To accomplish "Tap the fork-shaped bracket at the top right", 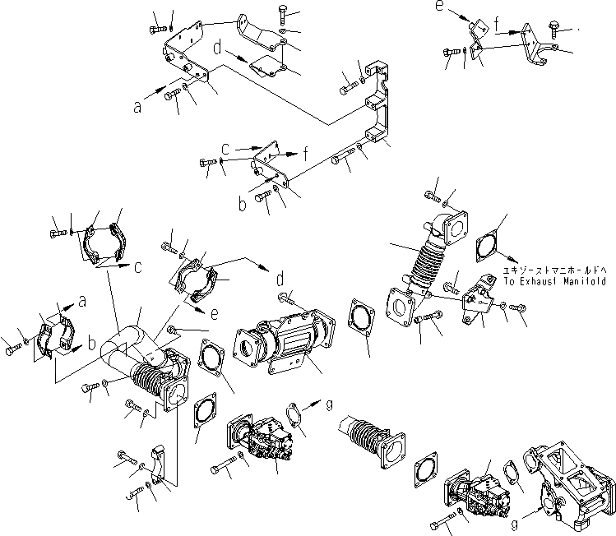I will pyautogui.click(x=538, y=49).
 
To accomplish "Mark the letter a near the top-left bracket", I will pyautogui.click(x=138, y=105).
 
